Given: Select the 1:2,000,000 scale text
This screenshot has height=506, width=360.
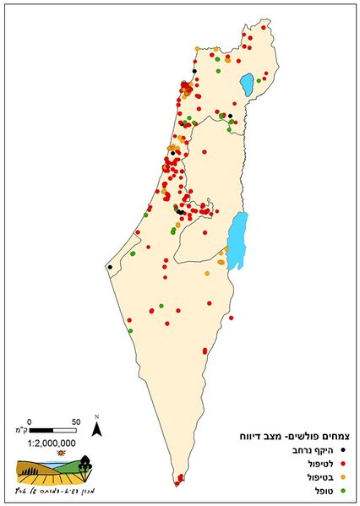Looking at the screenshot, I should tap(52, 442).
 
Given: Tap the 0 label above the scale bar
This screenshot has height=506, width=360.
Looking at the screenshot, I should tap(30, 421).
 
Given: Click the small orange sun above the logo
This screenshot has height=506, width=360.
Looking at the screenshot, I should tap(60, 454).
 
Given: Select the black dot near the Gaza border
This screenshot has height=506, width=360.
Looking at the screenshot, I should tap(109, 267).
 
